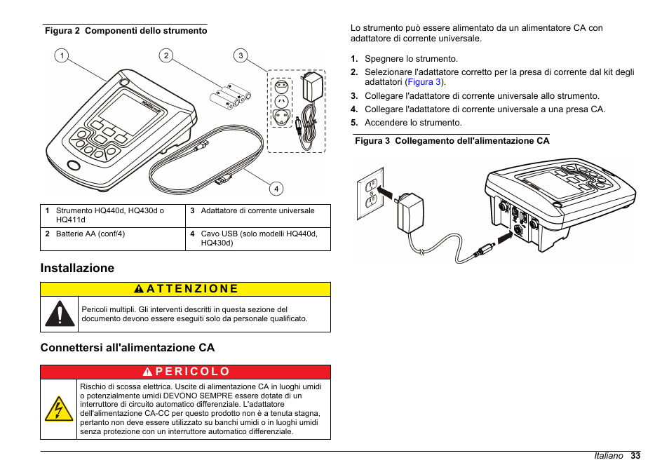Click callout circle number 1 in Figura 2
tap(62, 55)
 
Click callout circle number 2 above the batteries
tap(165, 55)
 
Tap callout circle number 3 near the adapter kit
tap(240, 55)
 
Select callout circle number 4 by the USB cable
tap(276, 188)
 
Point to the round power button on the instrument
tap(73, 166)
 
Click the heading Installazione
tap(77, 268)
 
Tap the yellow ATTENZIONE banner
tap(185, 289)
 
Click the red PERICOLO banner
tap(185, 372)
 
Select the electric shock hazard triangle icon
tap(58, 409)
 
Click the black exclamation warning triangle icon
tap(60, 313)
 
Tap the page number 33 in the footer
tap(635, 456)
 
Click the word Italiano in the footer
tap(608, 456)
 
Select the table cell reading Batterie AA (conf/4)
tap(90, 234)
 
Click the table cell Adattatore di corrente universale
tap(257, 210)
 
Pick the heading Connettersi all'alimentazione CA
tap(128, 348)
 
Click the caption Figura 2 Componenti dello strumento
tap(126, 31)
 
